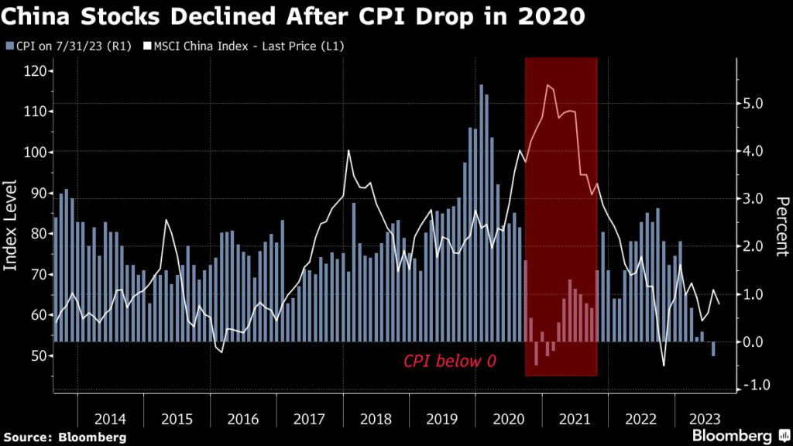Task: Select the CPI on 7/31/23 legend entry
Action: point(58,46)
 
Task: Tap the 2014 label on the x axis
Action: point(111,419)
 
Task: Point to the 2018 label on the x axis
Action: point(376,419)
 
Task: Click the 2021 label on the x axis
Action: point(575,419)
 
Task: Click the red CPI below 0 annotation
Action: point(449,361)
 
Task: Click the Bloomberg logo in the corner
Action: point(736,436)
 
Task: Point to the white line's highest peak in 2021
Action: point(548,85)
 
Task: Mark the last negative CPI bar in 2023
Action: point(713,348)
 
